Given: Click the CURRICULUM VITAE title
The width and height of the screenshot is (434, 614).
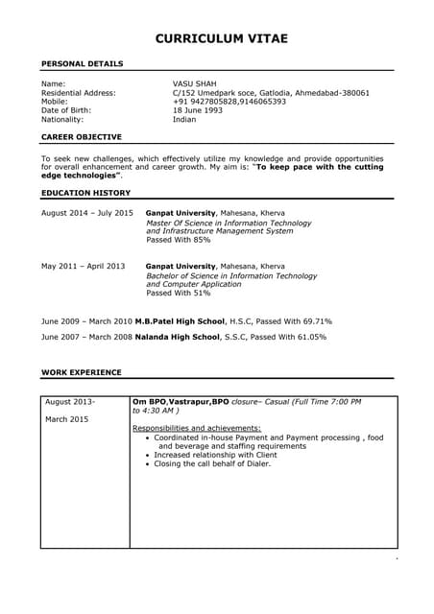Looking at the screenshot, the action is (222, 38).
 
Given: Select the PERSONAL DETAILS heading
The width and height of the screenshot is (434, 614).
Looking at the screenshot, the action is (82, 63).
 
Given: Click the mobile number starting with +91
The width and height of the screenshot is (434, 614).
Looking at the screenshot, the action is (229, 102).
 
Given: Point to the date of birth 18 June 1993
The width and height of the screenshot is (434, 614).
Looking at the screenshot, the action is (197, 110).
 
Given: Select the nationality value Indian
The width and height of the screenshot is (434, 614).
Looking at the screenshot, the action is (184, 120).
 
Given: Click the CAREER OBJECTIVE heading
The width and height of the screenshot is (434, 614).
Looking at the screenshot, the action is (83, 138).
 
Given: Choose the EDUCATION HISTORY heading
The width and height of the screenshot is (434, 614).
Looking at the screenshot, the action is (85, 193).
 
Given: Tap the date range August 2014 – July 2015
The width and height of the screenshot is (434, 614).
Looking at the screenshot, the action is (87, 212).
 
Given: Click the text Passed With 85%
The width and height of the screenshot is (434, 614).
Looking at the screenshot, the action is (179, 240).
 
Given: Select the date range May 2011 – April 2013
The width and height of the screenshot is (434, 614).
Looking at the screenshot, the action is (84, 266).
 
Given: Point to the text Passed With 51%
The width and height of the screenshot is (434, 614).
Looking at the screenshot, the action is (179, 294).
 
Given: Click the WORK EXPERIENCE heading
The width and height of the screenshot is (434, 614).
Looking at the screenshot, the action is (82, 371).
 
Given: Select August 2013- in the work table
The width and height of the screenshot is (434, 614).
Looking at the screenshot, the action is (70, 401).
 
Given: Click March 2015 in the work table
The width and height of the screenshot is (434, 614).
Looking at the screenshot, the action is (66, 419).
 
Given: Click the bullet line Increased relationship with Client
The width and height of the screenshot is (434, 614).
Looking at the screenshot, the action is (216, 455).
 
